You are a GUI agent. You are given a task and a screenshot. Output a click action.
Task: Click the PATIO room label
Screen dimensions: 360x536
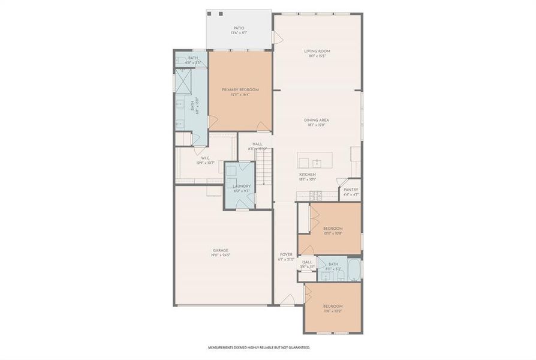pyautogui.click(x=239, y=28)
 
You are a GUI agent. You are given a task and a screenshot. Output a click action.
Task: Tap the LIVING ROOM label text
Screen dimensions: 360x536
pyautogui.click(x=317, y=52)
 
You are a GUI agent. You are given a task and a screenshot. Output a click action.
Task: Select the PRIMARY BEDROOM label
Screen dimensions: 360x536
pyautogui.click(x=240, y=89)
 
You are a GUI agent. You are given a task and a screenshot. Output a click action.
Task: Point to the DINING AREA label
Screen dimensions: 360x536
pyautogui.click(x=316, y=120)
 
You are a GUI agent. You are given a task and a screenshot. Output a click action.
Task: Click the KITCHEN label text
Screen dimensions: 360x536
pyautogui.click(x=308, y=175)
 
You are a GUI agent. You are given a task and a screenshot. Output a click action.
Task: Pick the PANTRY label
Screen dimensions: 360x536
pyautogui.click(x=351, y=190)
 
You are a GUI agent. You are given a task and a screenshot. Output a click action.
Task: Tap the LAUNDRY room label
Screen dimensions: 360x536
pyautogui.click(x=241, y=186)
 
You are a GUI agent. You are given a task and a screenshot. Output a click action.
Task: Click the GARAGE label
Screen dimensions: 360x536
pyautogui.click(x=221, y=250)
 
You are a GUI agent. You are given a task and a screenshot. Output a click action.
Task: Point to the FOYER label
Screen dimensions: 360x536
pyautogui.click(x=285, y=254)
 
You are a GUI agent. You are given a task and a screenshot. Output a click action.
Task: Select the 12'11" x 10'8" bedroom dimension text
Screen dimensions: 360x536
pyautogui.click(x=333, y=233)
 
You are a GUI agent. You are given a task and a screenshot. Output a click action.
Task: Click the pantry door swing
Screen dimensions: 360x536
pyautogui.click(x=342, y=183)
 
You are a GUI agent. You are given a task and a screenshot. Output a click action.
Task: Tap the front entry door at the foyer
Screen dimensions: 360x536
pyautogui.click(x=288, y=299)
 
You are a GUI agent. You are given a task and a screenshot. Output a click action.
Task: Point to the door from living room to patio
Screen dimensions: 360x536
pyautogui.click(x=278, y=37)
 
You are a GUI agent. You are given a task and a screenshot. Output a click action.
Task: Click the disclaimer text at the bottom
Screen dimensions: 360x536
pyautogui.click(x=259, y=347)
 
